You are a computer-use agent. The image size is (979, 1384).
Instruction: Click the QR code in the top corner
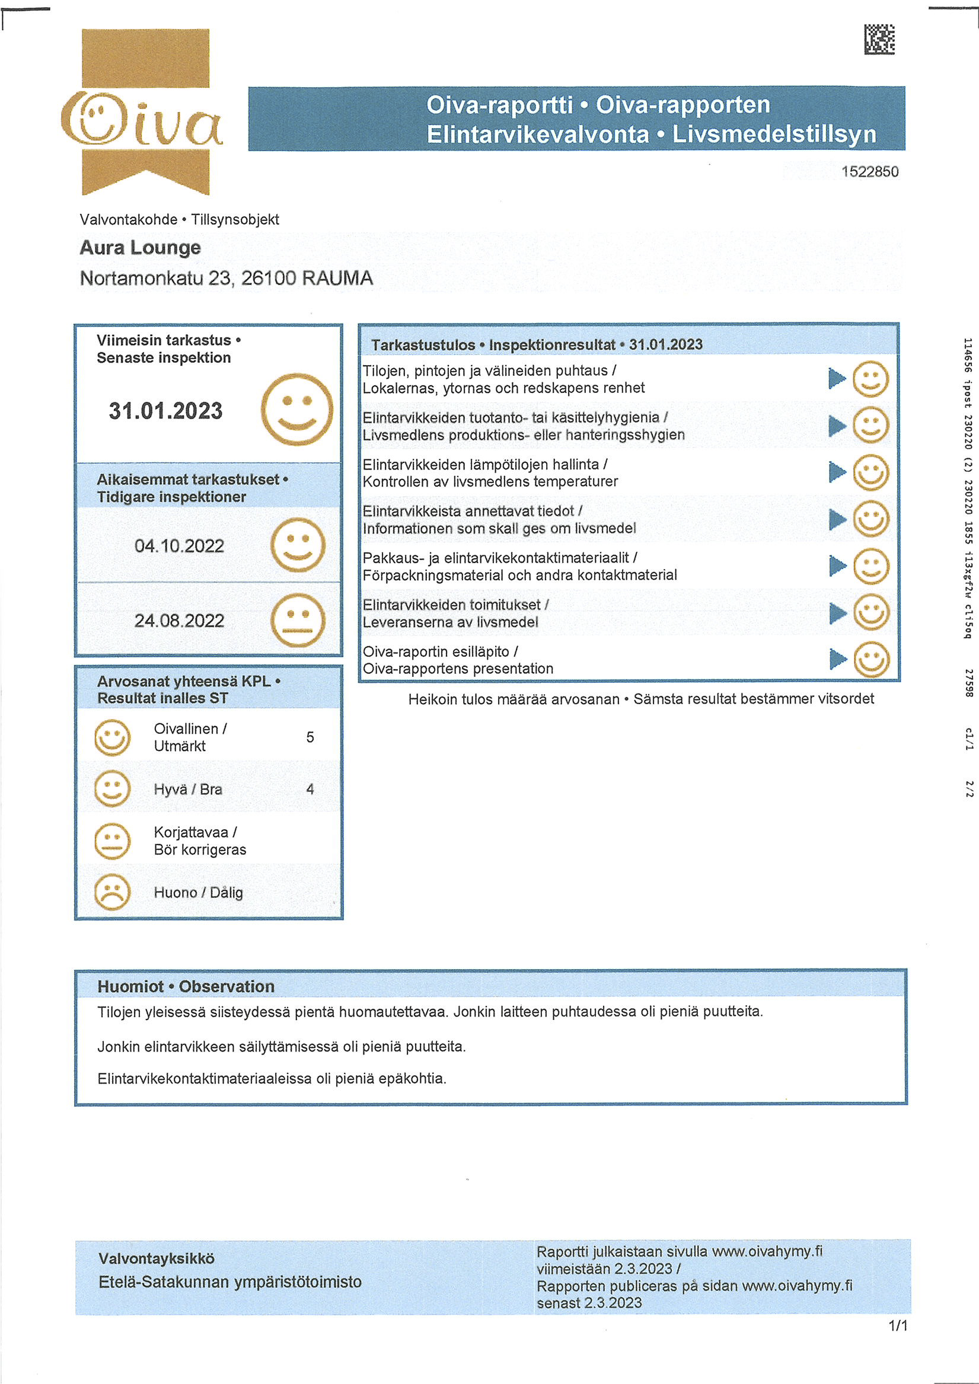pyautogui.click(x=879, y=40)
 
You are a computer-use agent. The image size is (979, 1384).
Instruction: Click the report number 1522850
pyautogui.click(x=869, y=172)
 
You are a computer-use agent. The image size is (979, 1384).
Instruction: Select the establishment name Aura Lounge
pyautogui.click(x=140, y=248)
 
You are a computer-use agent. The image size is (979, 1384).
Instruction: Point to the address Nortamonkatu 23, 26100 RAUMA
pyautogui.click(x=226, y=278)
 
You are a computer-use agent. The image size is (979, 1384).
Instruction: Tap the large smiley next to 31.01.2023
pyautogui.click(x=296, y=410)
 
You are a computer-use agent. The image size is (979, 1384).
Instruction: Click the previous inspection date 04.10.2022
pyautogui.click(x=179, y=546)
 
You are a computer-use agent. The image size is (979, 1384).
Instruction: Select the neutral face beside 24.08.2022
pyautogui.click(x=298, y=620)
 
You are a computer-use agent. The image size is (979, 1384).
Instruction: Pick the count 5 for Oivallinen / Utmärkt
pyautogui.click(x=310, y=737)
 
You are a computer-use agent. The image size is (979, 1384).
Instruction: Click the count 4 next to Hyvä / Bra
pyautogui.click(x=310, y=789)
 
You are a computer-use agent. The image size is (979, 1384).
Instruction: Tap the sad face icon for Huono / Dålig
pyautogui.click(x=112, y=892)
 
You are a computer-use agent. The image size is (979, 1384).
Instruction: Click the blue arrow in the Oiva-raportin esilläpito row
pyautogui.click(x=838, y=659)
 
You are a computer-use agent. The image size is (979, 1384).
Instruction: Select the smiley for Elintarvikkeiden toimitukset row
pyautogui.click(x=871, y=612)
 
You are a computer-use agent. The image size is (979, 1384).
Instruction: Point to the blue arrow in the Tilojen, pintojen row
pyautogui.click(x=837, y=379)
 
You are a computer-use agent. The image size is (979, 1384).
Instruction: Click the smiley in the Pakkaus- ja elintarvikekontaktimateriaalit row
pyautogui.click(x=871, y=566)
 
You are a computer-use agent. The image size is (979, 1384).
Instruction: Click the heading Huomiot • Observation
pyautogui.click(x=186, y=986)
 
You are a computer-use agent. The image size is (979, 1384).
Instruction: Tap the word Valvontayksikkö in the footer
pyautogui.click(x=156, y=1258)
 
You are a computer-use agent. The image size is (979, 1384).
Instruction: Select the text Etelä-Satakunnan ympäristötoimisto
pyautogui.click(x=230, y=1281)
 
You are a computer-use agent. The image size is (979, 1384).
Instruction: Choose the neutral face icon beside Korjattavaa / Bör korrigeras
pyautogui.click(x=112, y=841)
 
